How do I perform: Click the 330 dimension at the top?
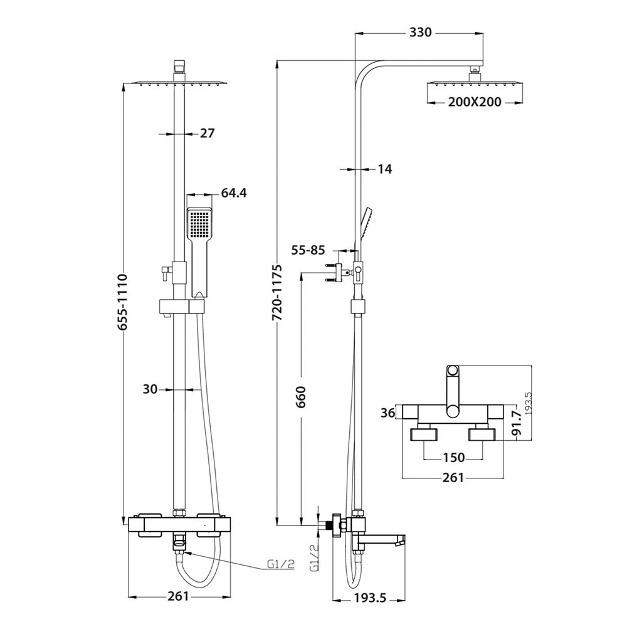point(420,33)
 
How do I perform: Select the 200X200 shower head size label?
point(475,102)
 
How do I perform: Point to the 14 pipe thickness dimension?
point(384,169)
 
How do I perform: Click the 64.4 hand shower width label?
point(234,193)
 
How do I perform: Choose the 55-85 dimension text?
point(307,251)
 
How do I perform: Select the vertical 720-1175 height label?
point(277,293)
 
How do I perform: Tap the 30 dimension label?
point(149,389)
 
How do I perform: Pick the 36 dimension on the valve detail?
point(388,413)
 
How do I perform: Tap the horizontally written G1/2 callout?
point(280,564)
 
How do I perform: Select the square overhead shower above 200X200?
point(475,84)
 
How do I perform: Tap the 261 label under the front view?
point(178,596)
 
